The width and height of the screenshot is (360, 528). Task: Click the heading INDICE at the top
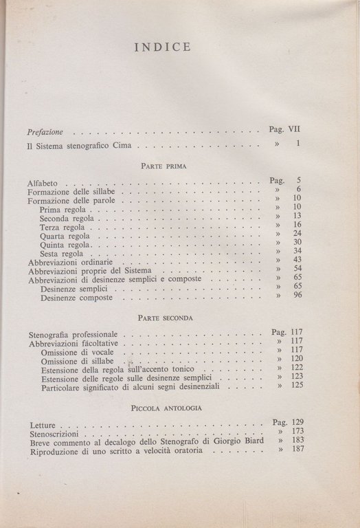coord(163,48)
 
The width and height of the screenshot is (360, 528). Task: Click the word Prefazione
coord(45,131)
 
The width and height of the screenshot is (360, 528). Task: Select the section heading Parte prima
coord(159,166)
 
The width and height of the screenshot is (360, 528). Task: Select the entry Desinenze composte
coord(77,298)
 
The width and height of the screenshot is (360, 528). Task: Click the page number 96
coord(297,296)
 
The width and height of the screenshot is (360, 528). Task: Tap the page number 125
coord(295,386)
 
